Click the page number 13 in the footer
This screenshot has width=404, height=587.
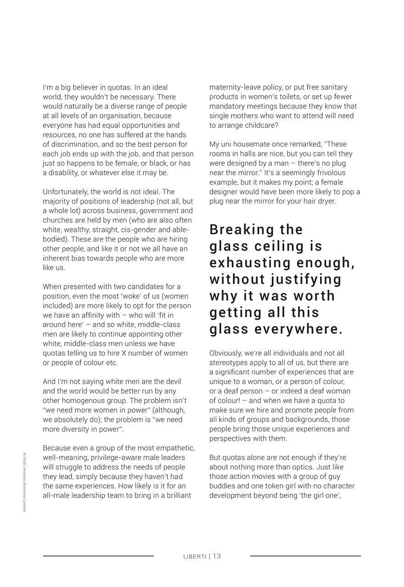click(217, 556)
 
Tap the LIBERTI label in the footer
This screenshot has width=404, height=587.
click(194, 557)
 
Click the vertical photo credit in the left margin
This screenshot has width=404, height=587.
click(24, 482)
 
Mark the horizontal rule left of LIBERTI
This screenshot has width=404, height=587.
click(98, 556)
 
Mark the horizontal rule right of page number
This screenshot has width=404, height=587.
click(305, 556)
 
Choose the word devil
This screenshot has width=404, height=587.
click(173, 382)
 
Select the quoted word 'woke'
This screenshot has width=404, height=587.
click(133, 296)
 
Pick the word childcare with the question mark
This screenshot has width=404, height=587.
click(261, 125)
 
